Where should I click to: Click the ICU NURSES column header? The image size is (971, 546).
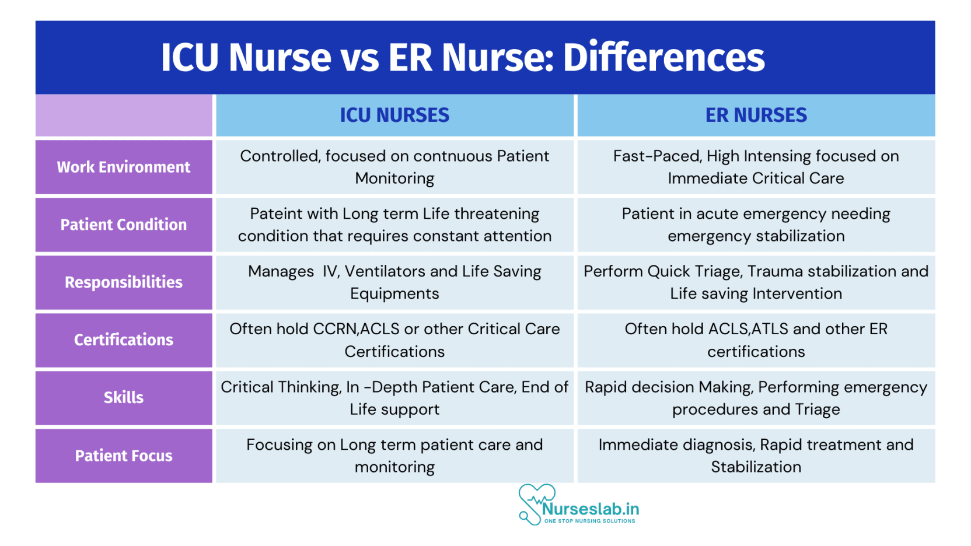click(394, 115)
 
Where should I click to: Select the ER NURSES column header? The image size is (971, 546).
click(756, 115)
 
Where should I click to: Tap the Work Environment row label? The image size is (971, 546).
click(124, 167)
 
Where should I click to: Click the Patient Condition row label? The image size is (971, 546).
click(124, 225)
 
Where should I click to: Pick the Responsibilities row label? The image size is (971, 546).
click(124, 282)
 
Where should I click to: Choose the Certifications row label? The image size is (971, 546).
click(124, 339)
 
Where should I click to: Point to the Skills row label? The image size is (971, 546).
click(124, 397)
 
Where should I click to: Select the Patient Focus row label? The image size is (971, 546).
click(124, 456)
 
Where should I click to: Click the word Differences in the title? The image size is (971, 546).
click(663, 58)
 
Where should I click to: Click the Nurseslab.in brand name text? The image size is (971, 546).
click(591, 509)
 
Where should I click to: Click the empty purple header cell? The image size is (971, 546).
click(124, 115)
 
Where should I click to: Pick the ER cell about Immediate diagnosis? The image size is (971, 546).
click(756, 456)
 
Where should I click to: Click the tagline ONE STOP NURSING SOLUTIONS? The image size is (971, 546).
click(589, 521)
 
